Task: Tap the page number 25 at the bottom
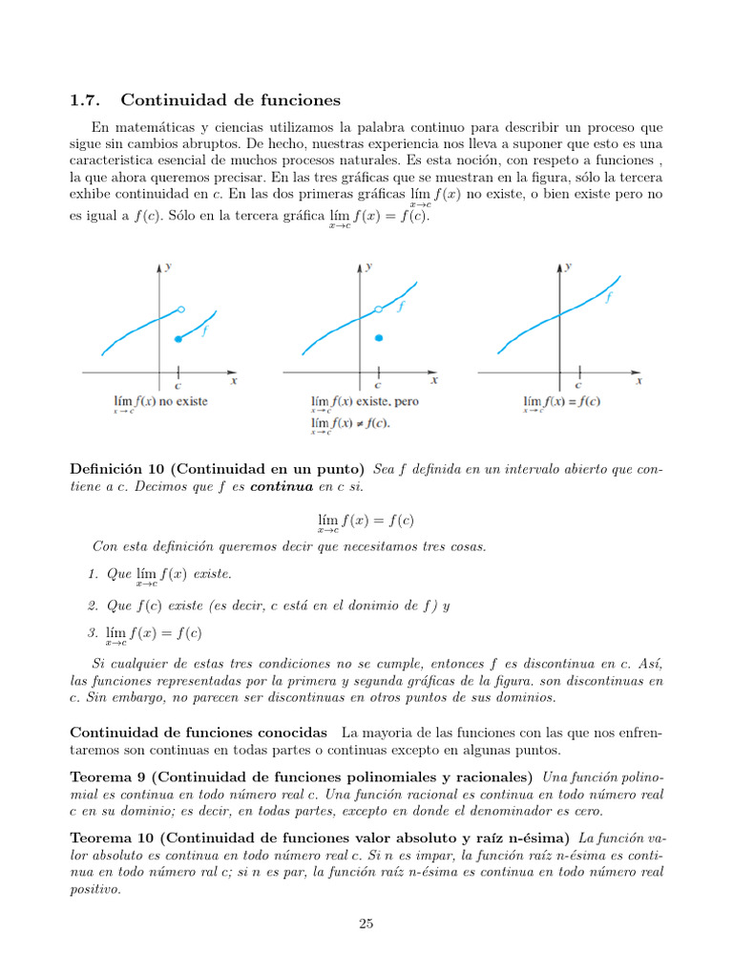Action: [366, 923]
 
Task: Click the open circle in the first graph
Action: [181, 308]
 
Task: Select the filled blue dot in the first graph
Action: [178, 339]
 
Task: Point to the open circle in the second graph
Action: [379, 308]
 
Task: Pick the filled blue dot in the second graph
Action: [379, 338]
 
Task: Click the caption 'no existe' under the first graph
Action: [181, 402]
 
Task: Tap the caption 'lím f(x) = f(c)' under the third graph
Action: [561, 402]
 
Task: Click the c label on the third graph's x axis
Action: [578, 386]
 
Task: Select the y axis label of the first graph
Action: [169, 267]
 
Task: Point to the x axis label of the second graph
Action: [434, 380]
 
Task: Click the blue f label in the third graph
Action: [608, 297]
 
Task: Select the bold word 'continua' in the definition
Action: [282, 486]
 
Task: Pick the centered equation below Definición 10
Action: [366, 521]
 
